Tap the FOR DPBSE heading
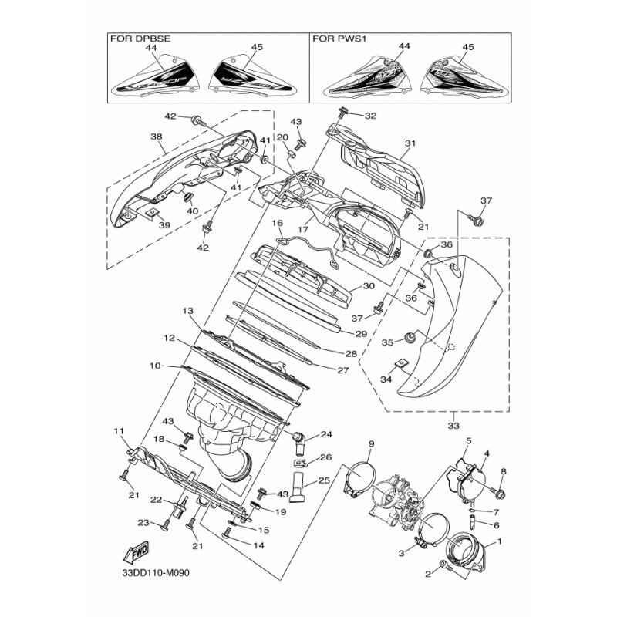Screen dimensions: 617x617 coord(140,39)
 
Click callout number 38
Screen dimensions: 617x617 coord(157,137)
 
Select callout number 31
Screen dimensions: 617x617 coord(410,143)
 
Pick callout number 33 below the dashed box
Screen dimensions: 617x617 coord(453,426)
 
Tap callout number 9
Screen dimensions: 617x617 coord(371,444)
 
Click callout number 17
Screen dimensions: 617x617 coord(302,229)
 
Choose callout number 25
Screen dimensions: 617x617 coord(324,480)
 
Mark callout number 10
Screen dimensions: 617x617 coord(155,366)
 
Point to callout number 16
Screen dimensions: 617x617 coord(278,223)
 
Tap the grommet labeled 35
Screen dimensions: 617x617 coord(411,337)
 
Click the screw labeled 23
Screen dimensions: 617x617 coord(165,525)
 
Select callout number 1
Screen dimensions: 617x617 coord(500,541)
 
